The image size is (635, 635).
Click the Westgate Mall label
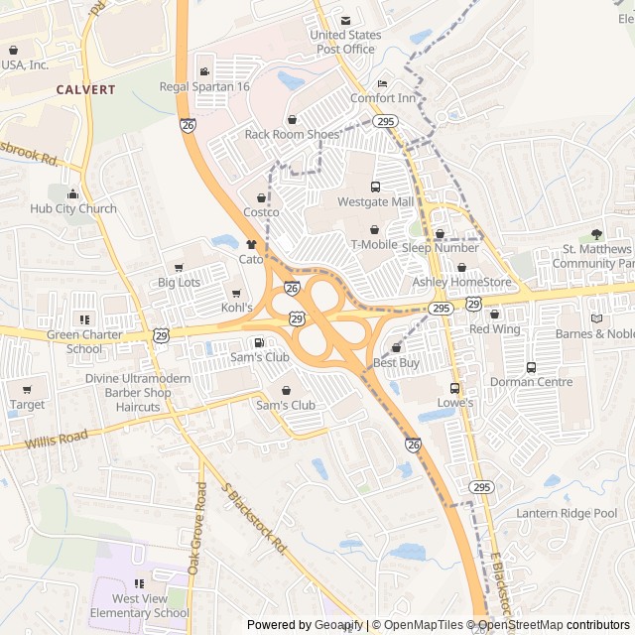[x=375, y=201]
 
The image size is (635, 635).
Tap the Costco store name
[x=261, y=212]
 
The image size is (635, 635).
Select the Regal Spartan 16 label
[x=204, y=86]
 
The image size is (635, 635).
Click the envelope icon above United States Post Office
[x=345, y=21]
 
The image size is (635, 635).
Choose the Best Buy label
[x=396, y=363]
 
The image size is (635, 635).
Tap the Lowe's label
[x=455, y=403]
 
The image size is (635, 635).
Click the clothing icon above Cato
[x=251, y=243]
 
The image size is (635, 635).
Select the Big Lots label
[x=179, y=283]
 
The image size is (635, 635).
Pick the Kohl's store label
[x=237, y=308]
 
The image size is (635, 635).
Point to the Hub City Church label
[x=72, y=208]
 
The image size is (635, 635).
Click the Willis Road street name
[x=57, y=439]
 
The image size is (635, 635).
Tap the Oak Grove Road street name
[x=197, y=528]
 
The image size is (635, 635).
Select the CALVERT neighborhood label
[x=85, y=89]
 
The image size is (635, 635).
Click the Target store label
[x=27, y=405]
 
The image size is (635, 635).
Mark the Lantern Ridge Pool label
[x=566, y=513]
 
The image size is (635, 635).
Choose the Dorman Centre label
[x=531, y=381]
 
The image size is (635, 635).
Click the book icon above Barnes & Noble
[x=595, y=318]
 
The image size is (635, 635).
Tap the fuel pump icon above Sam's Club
[x=259, y=342]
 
